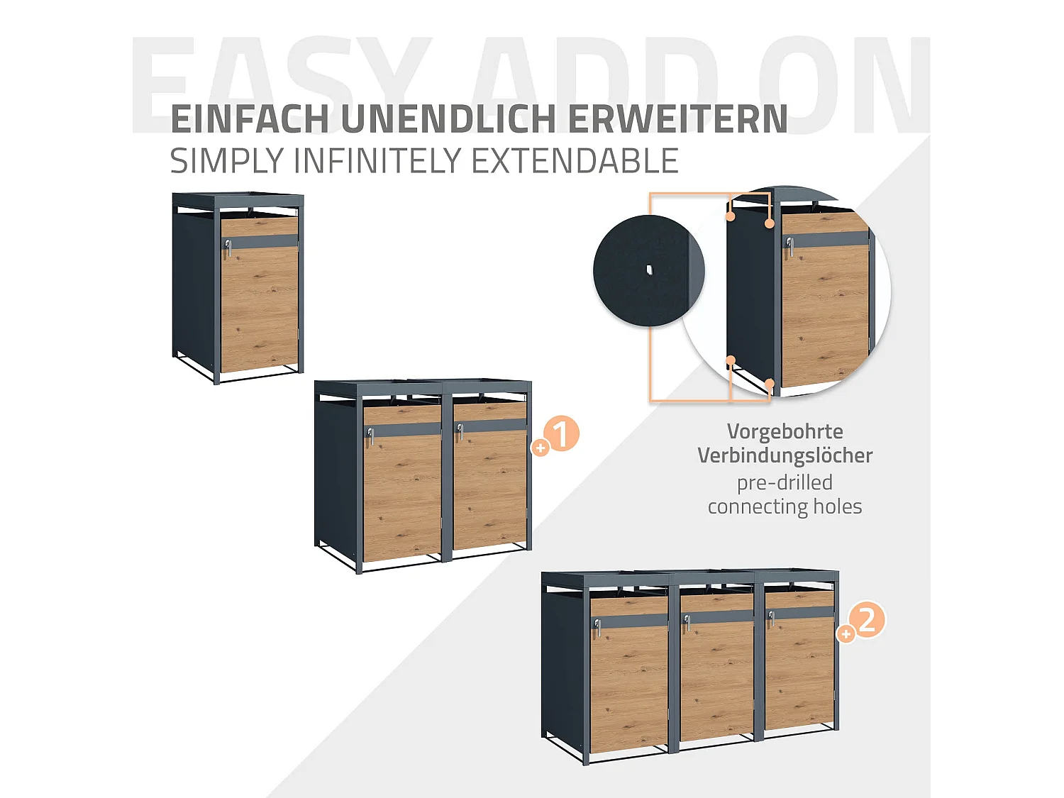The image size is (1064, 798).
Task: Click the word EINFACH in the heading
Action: pyautogui.click(x=250, y=119)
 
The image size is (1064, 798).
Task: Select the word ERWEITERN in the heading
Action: pyautogui.click(x=677, y=119)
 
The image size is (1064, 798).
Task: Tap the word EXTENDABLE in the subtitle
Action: pyautogui.click(x=575, y=161)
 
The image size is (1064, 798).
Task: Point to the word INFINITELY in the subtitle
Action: pyautogui.click(x=379, y=161)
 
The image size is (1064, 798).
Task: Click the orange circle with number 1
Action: pyautogui.click(x=562, y=433)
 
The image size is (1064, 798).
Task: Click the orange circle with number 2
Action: pyautogui.click(x=868, y=620)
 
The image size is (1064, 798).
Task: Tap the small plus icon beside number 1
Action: pyautogui.click(x=541, y=448)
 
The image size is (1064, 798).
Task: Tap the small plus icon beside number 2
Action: pyautogui.click(x=846, y=633)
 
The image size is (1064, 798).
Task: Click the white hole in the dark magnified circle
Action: pyautogui.click(x=649, y=270)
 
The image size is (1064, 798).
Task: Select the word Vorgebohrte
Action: pyautogui.click(x=785, y=431)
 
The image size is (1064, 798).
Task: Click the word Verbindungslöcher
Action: pyautogui.click(x=785, y=455)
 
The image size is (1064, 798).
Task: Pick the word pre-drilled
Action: pyautogui.click(x=785, y=482)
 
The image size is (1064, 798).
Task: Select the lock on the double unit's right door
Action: pyautogui.click(x=460, y=431)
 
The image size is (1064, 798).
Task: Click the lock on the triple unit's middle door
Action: pyautogui.click(x=686, y=622)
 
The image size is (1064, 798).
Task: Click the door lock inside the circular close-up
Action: pyautogui.click(x=789, y=245)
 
